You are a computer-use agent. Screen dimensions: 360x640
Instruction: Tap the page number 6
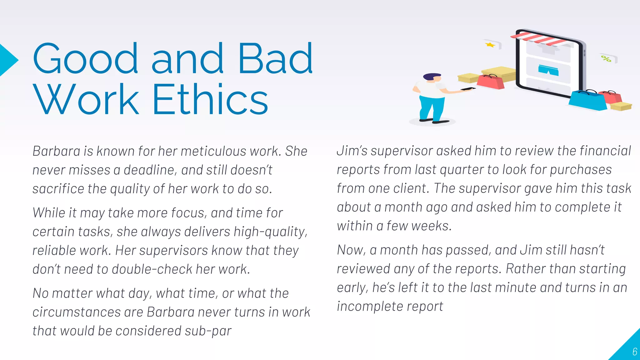[634, 352]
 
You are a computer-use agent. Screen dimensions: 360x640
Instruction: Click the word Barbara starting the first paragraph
[57, 151]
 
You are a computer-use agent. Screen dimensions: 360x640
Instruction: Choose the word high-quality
[270, 232]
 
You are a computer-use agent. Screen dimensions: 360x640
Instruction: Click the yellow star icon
[490, 45]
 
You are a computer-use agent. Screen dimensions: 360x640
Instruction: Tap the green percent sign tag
[606, 58]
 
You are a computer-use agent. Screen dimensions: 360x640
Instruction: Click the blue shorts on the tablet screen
[548, 70]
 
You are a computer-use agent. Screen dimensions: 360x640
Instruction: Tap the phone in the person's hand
[468, 89]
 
